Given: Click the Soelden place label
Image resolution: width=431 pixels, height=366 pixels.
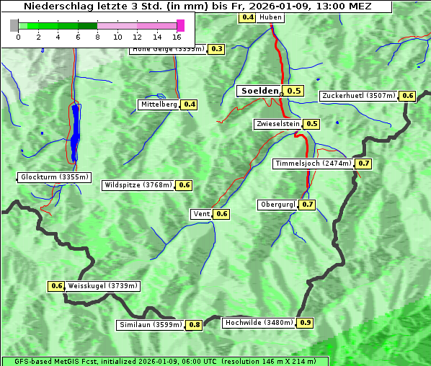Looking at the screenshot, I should (x=259, y=91).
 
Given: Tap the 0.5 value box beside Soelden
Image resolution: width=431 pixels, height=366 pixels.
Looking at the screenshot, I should (x=293, y=91).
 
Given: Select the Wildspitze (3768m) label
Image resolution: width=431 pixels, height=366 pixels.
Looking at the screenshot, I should (x=138, y=185).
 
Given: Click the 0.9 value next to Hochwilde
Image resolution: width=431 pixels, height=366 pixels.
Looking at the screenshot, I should (x=305, y=323).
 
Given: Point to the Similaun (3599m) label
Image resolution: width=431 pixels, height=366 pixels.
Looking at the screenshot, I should (x=150, y=325).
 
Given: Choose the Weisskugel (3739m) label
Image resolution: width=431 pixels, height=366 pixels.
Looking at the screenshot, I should (x=102, y=286).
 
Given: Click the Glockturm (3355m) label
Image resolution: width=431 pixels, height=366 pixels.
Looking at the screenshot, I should (x=55, y=177).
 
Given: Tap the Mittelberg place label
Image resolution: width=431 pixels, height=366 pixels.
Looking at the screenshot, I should (x=159, y=104).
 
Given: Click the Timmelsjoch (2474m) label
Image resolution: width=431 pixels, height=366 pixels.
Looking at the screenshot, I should (x=314, y=164).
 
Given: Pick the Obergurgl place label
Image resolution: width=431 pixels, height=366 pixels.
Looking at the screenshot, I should (x=277, y=205).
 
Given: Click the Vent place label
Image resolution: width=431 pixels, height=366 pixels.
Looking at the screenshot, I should (x=201, y=214).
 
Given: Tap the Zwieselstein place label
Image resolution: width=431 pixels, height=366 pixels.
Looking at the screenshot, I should (x=277, y=124).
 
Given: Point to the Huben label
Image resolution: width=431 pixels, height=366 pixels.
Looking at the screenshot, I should (x=270, y=17).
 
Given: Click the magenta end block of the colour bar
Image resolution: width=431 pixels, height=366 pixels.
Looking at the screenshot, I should (x=180, y=26).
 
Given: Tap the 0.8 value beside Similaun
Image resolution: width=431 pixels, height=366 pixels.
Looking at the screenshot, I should (x=194, y=325).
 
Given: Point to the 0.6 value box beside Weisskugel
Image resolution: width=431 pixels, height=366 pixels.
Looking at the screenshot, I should (x=56, y=286).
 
